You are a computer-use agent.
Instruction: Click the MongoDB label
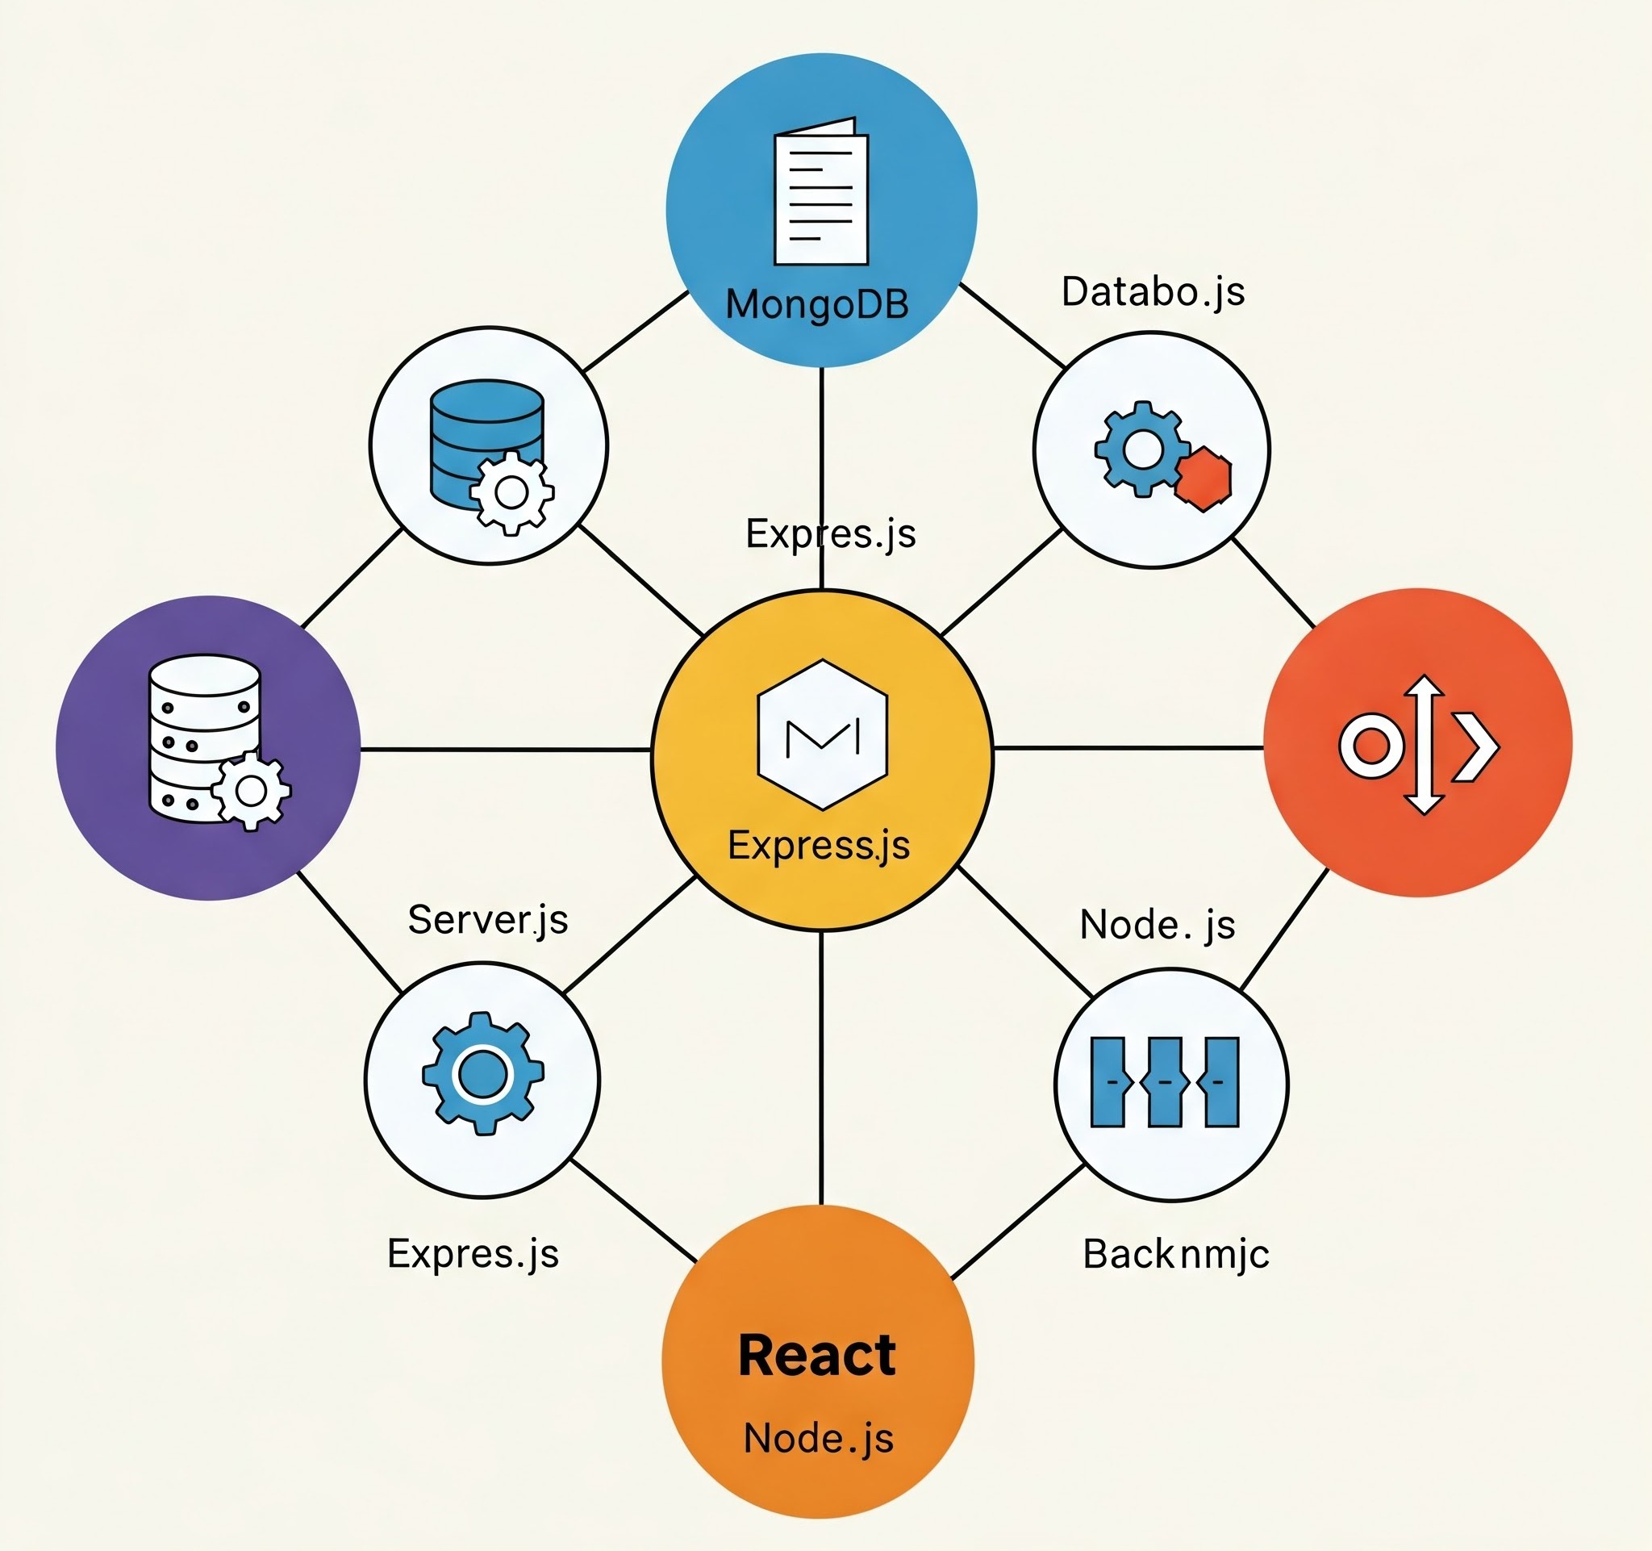[817, 305]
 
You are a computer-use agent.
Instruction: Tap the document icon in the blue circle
[821, 193]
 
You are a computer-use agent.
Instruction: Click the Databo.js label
[1153, 293]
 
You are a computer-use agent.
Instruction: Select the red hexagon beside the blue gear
[1204, 479]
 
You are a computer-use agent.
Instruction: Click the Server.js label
[488, 920]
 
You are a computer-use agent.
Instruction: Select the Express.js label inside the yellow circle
[819, 846]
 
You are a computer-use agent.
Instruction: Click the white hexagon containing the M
[823, 735]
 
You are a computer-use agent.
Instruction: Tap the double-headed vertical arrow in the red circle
[1424, 744]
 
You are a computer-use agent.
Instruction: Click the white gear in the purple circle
[250, 791]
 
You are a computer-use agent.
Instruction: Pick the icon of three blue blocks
[1164, 1082]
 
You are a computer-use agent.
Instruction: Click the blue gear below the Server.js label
[483, 1073]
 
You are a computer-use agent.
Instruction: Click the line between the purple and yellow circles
[505, 750]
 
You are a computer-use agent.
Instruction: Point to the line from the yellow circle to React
[821, 1068]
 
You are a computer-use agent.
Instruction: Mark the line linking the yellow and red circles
[1128, 748]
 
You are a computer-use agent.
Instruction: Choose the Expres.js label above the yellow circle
[830, 533]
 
